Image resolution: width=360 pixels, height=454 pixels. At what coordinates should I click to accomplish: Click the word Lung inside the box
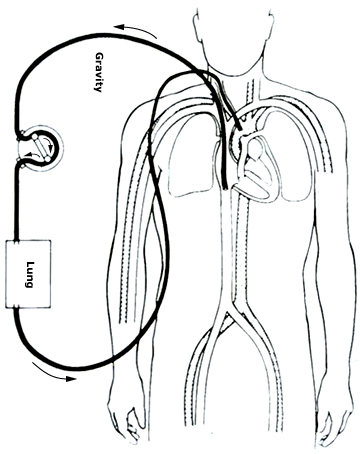point(29,272)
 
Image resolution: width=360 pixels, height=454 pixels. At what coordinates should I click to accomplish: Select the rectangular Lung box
point(29,272)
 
